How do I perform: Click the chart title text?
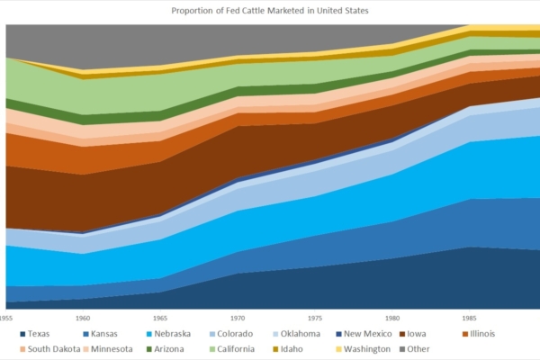click(x=270, y=12)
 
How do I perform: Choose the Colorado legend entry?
click(x=237, y=334)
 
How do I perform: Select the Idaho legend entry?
click(x=301, y=348)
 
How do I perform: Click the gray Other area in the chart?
click(x=180, y=40)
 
